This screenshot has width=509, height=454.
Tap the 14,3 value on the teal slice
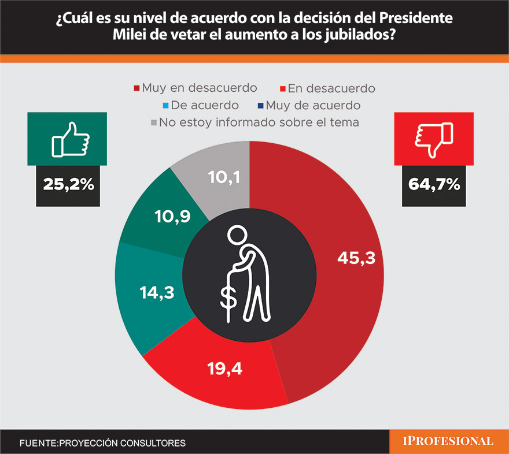157,292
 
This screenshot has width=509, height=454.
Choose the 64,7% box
434,184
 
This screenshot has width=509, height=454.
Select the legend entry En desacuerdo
327,88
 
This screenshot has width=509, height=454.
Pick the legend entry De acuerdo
202,105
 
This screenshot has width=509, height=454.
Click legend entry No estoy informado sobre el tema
254,122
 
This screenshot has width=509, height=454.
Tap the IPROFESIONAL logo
448,441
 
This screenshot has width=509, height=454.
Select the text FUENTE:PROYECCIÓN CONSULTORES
102,443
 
